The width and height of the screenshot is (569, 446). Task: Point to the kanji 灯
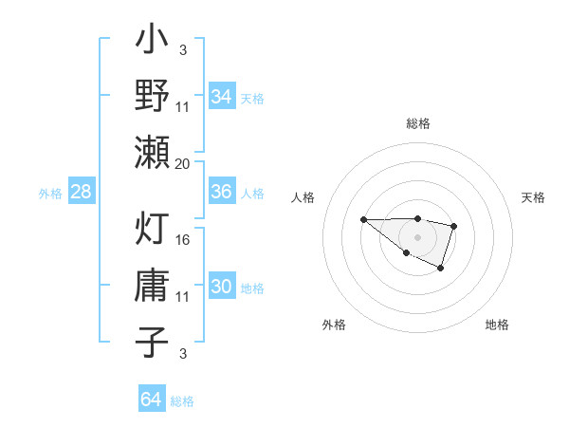[152, 230]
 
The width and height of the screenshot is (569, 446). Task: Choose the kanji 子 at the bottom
[152, 341]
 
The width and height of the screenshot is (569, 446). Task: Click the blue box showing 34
[221, 96]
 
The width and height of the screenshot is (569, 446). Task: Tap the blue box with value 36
[221, 192]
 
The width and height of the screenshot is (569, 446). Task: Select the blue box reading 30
[221, 288]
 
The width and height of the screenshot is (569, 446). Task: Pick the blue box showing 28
[81, 192]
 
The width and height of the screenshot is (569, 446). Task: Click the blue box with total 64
[151, 400]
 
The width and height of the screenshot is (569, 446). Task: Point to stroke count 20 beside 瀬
[183, 163]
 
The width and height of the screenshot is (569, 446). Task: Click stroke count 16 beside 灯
[183, 239]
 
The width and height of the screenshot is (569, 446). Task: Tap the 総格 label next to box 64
[182, 401]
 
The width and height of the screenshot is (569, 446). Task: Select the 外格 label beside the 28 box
[50, 194]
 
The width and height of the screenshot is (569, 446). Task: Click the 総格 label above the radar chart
[417, 123]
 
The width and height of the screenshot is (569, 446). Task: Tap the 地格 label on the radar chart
[497, 325]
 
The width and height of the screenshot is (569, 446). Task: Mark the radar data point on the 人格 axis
[364, 219]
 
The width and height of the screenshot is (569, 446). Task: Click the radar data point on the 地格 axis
[441, 269]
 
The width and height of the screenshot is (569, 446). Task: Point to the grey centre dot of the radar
[417, 236]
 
